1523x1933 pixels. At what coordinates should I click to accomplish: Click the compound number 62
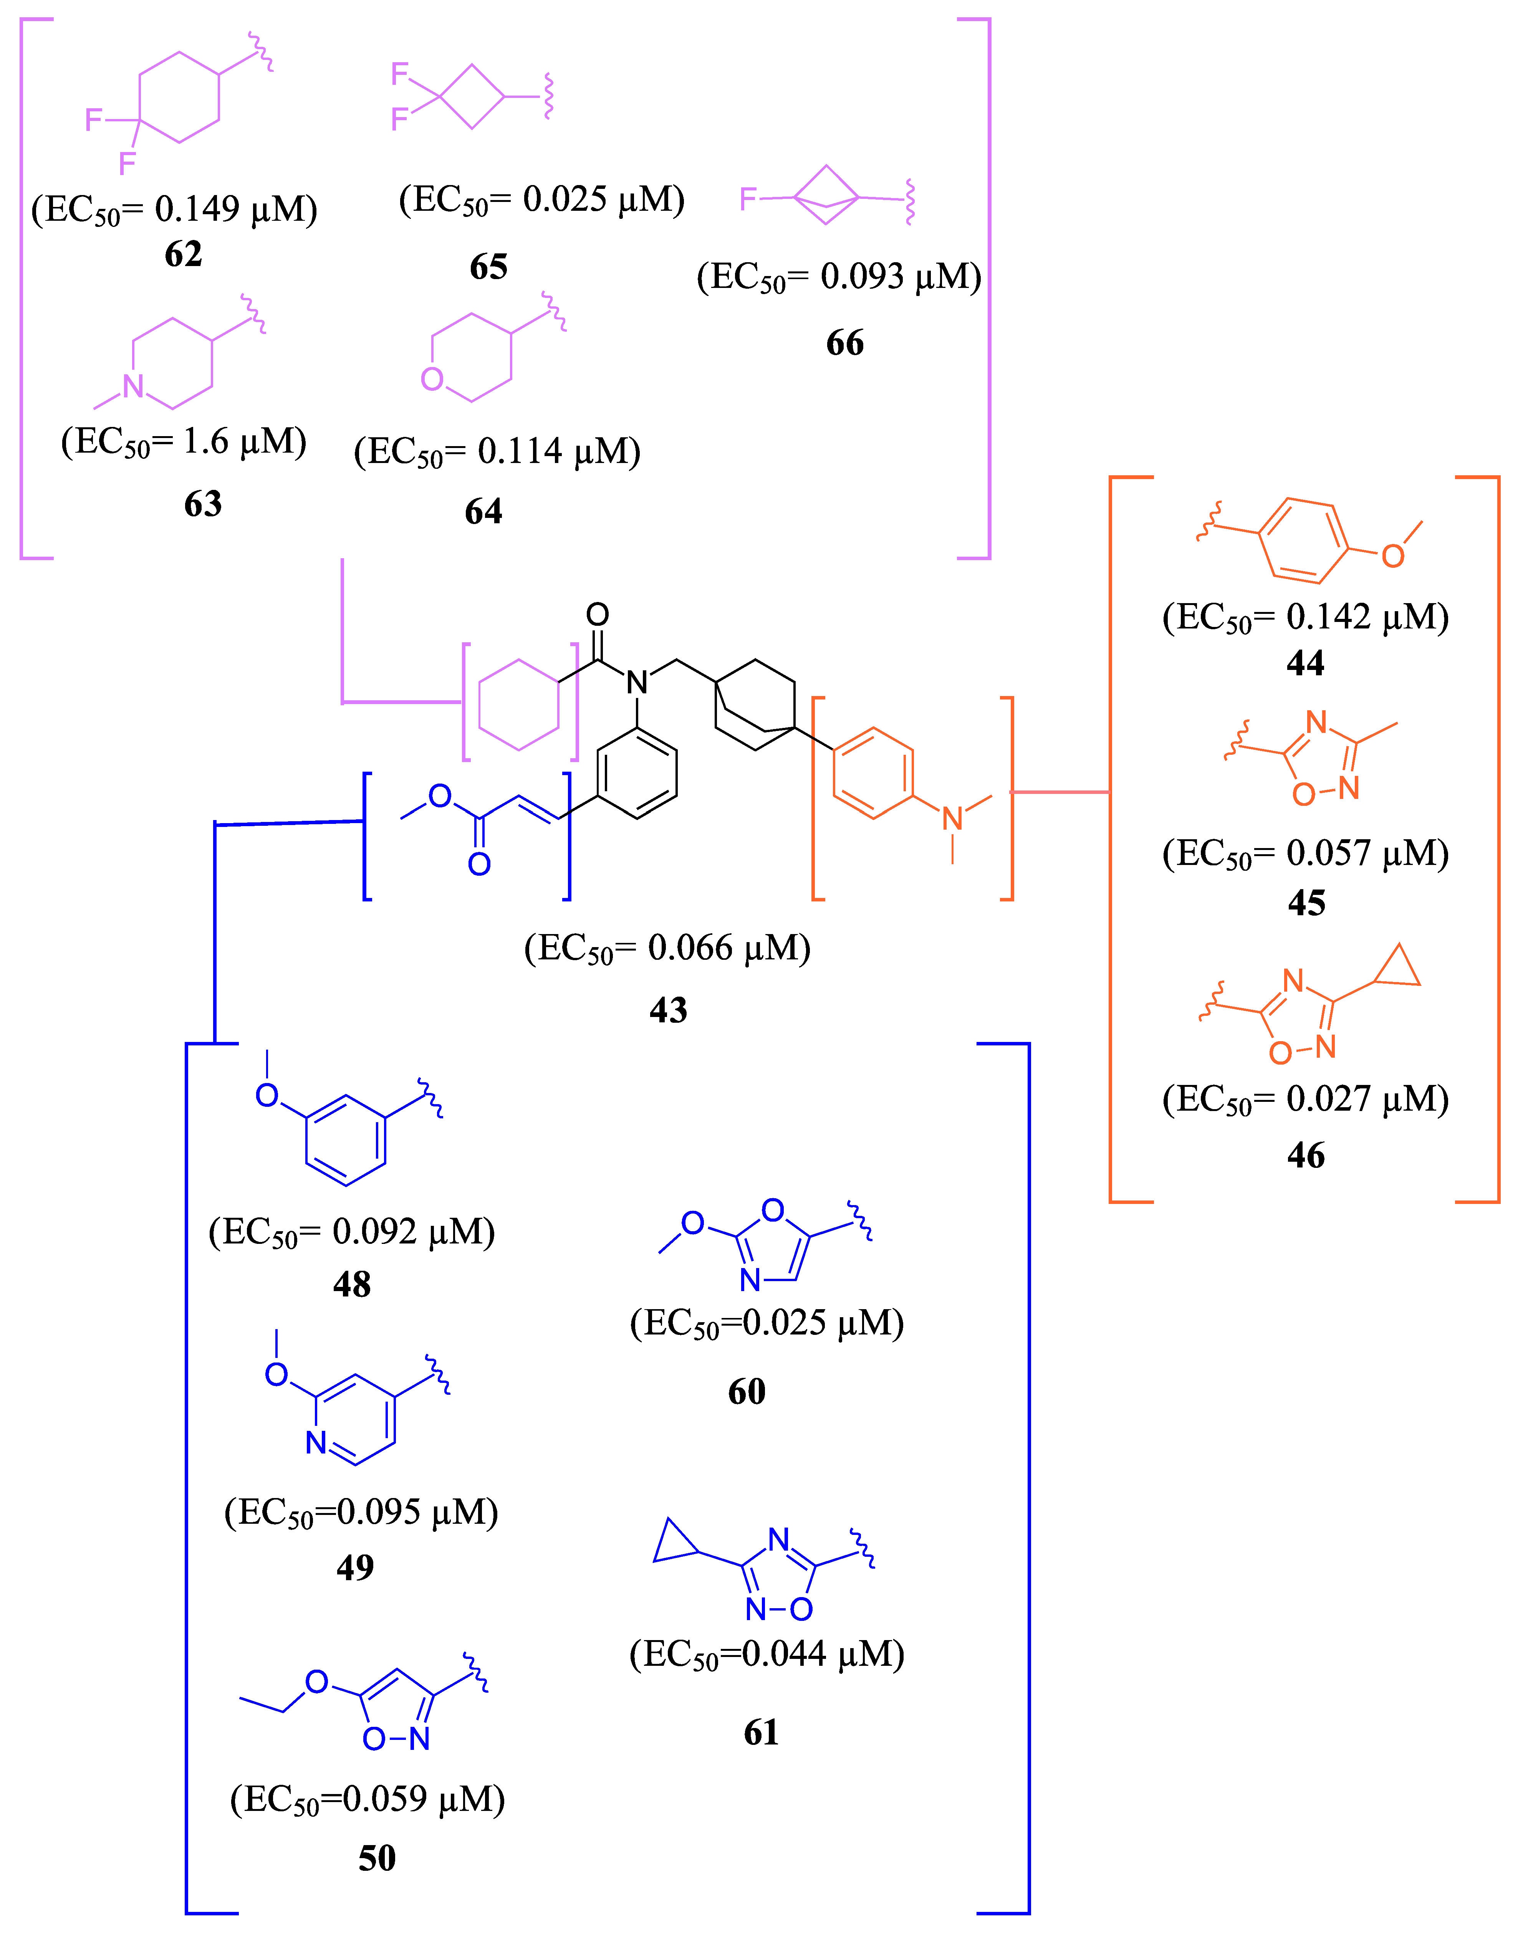184,255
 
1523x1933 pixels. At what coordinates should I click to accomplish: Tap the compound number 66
844,343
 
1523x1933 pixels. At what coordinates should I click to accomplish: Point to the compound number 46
1305,1156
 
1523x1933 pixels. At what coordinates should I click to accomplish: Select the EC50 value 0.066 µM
667,948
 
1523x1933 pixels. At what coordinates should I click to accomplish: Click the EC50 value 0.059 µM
368,1799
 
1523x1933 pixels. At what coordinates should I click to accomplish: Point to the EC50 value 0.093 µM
839,277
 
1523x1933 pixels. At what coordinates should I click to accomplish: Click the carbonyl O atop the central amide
598,614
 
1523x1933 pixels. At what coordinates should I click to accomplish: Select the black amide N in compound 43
637,683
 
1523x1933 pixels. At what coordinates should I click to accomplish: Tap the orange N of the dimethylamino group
952,818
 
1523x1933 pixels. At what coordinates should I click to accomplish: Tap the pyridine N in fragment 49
316,1443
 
